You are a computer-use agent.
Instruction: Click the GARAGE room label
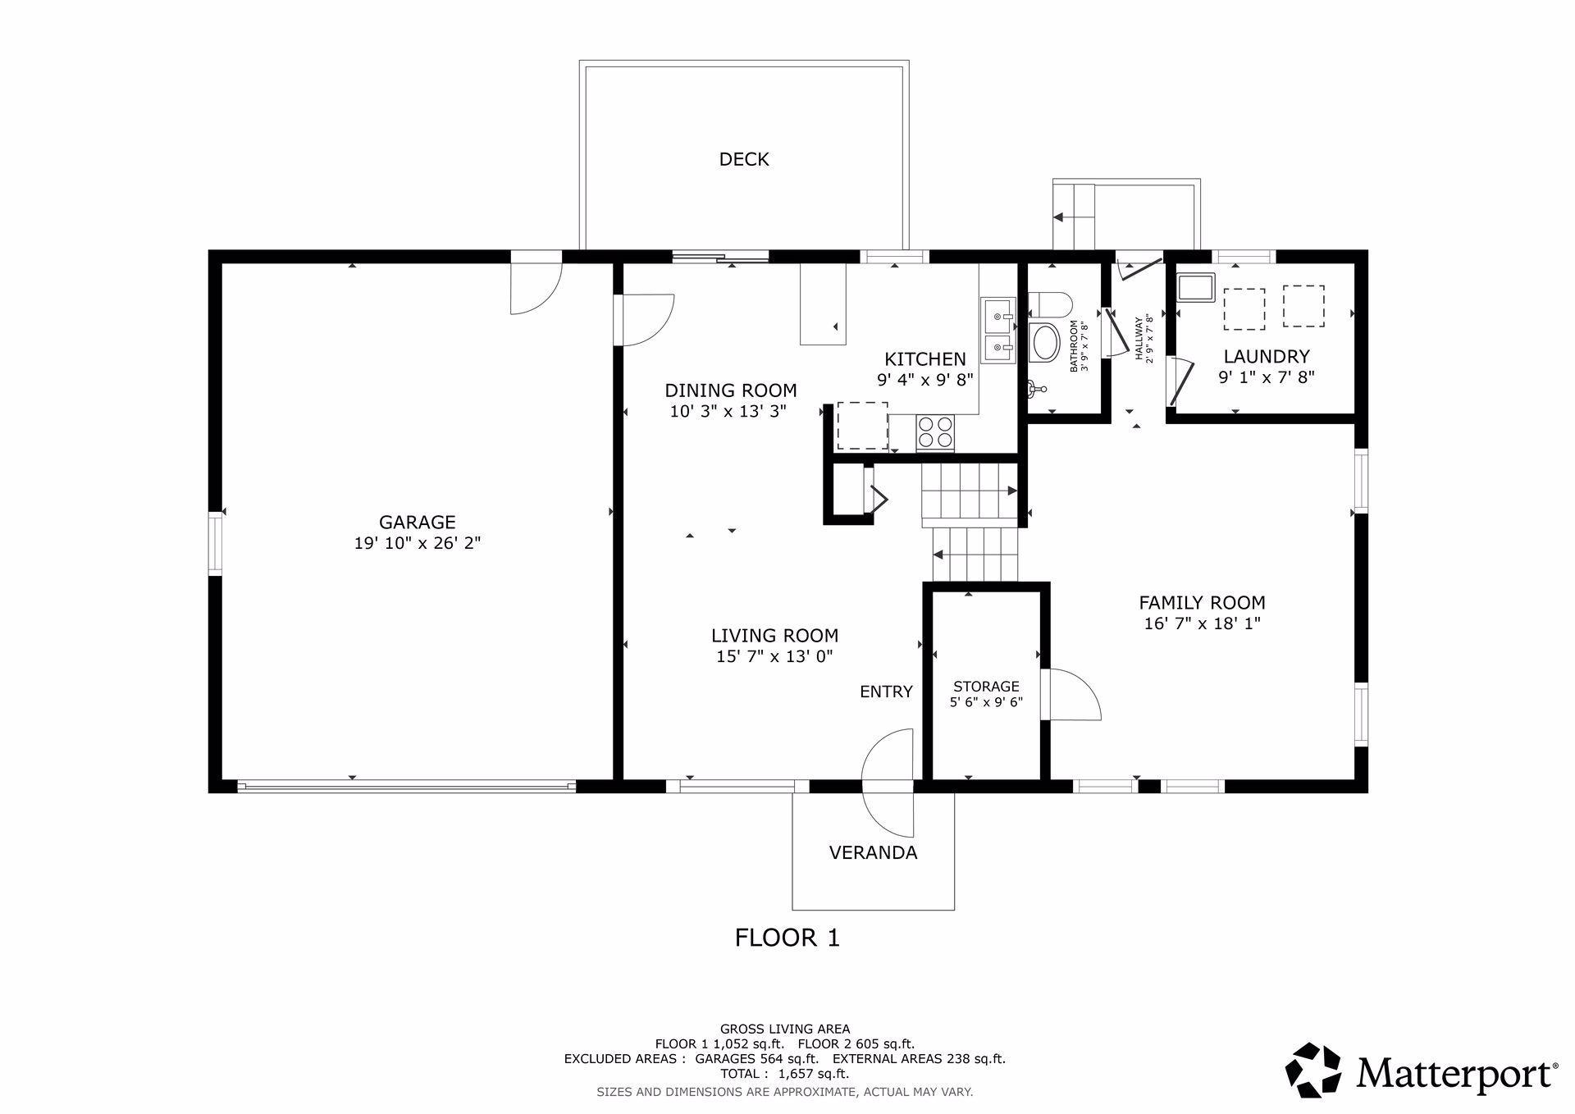tap(417, 522)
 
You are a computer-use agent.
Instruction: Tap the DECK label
tap(744, 159)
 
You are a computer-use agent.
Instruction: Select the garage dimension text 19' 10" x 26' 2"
tap(417, 543)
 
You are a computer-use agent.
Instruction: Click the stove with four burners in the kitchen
tap(935, 432)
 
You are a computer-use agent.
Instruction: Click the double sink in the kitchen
tap(997, 331)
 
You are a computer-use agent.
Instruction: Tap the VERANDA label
tap(873, 853)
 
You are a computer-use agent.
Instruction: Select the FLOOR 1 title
tap(787, 938)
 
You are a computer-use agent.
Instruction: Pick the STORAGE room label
tap(986, 687)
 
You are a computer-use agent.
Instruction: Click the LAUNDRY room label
tap(1267, 357)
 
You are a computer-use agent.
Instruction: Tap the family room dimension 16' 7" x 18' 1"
tap(1202, 623)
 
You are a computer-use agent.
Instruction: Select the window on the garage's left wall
tap(216, 543)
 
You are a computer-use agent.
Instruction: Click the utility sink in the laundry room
tap(1196, 288)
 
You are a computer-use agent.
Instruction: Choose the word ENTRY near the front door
tap(886, 692)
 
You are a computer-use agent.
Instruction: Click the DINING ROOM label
tap(730, 390)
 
